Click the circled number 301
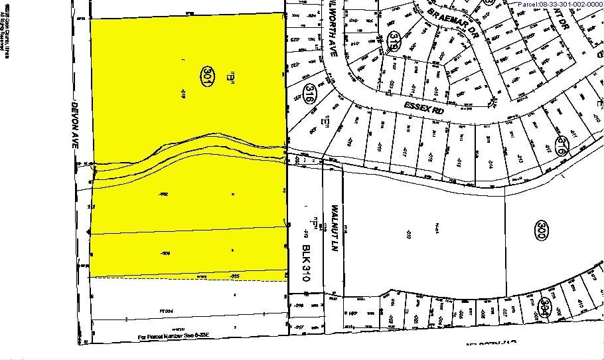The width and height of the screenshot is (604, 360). pyautogui.click(x=208, y=74)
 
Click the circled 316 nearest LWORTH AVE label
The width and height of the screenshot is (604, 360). pyautogui.click(x=309, y=94)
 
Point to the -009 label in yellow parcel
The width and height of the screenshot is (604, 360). pyautogui.click(x=166, y=253)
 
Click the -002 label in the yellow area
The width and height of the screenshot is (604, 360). pyautogui.click(x=163, y=194)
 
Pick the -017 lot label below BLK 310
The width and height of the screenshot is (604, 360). pyautogui.click(x=299, y=327)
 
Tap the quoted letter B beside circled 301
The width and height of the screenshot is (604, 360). pyautogui.click(x=232, y=77)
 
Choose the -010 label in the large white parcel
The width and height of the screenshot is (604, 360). pyautogui.click(x=408, y=234)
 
